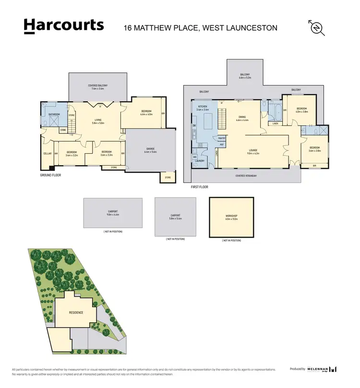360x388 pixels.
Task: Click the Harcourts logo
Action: pos(63,25)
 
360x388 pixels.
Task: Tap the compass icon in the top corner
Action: pos(317,28)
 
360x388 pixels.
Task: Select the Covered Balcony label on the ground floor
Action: pos(98,86)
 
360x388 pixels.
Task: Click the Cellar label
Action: pos(47,154)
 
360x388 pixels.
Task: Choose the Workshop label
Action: pos(231,216)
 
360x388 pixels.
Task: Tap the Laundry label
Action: pos(200,161)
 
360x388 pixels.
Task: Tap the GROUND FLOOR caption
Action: pos(50,175)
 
